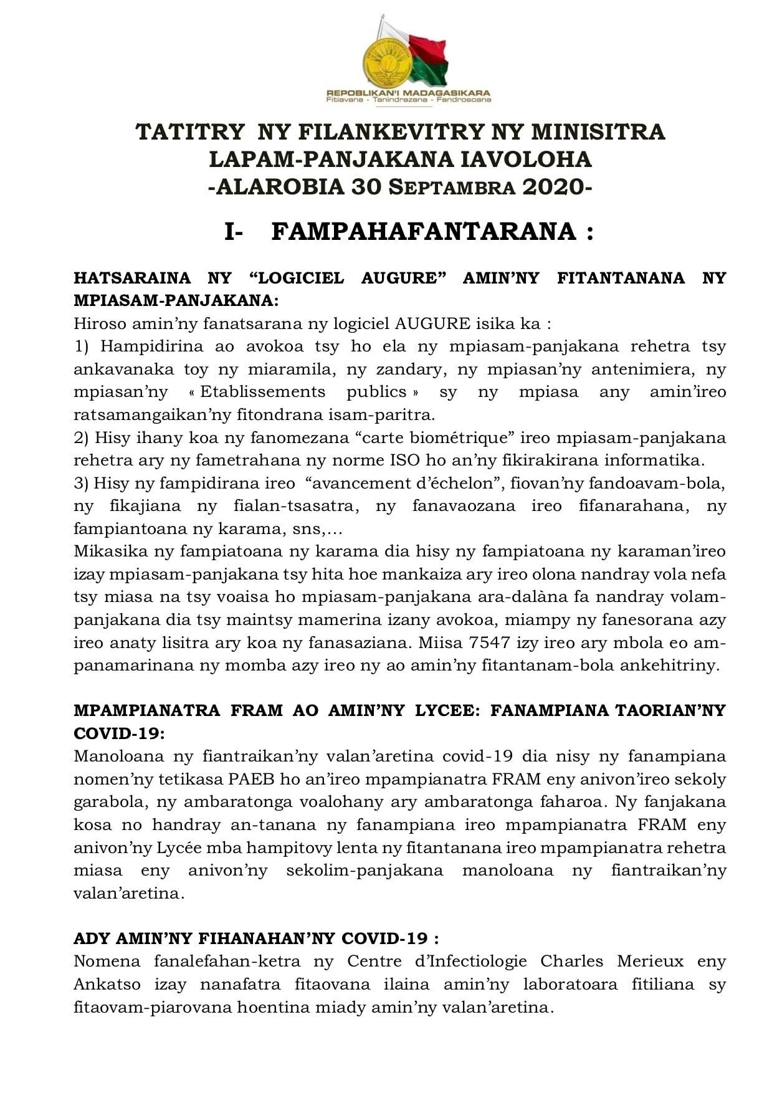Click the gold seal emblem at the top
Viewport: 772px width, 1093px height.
coord(386,62)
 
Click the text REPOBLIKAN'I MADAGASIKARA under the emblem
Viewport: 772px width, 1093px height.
coord(408,93)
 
